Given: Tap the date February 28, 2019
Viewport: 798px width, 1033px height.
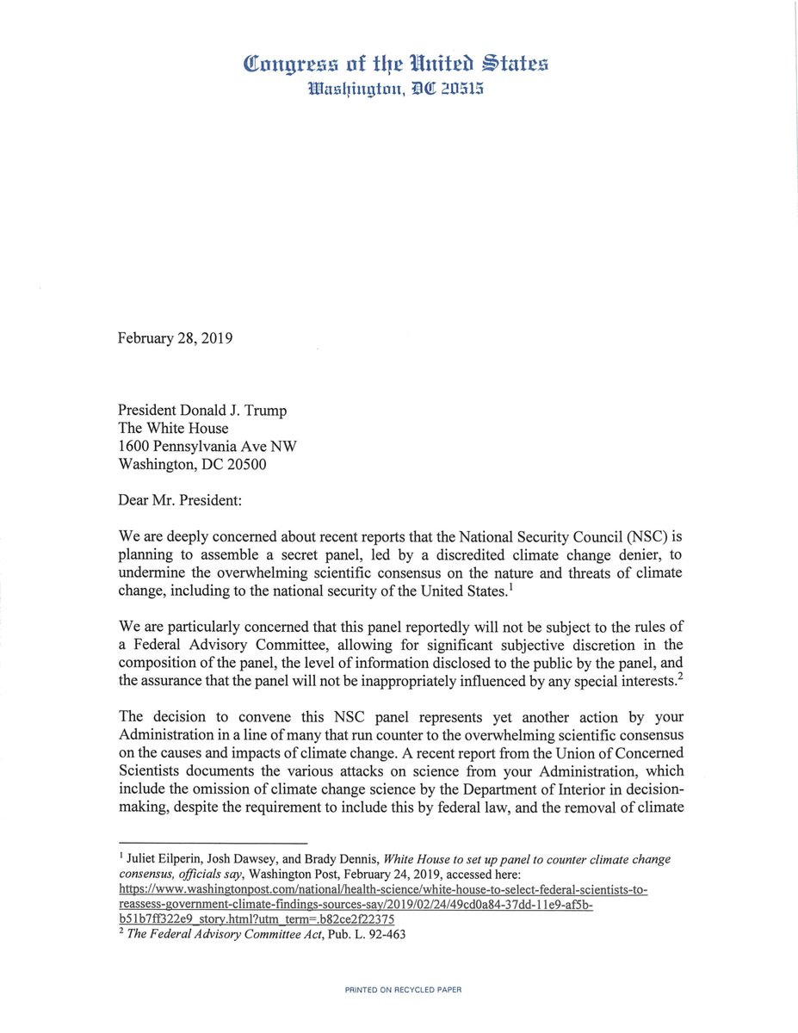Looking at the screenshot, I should click(175, 338).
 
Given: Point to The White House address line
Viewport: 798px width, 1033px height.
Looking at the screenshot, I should click(173, 429).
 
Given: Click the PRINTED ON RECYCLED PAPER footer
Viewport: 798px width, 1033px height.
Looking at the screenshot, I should click(403, 990).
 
